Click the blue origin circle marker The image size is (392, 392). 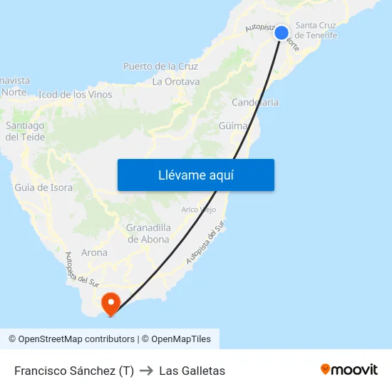pos(282,33)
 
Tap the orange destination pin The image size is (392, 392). pos(111,304)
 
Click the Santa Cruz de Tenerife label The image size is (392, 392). pos(316,30)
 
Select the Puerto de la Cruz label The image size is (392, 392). pos(160,66)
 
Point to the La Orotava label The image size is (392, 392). pos(176,81)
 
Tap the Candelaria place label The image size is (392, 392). pos(254,103)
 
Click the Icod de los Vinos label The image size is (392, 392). pos(75,94)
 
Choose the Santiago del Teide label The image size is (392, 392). pos(25,131)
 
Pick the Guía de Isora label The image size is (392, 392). pos(43,187)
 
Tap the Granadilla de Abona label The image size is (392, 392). pos(148,233)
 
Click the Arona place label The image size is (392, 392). pos(94,252)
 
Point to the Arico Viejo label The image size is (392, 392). pos(199,210)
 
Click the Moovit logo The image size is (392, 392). pos(349,370)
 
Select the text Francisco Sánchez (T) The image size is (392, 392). pos(74,371)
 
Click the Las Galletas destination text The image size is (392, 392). pos(192,371)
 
